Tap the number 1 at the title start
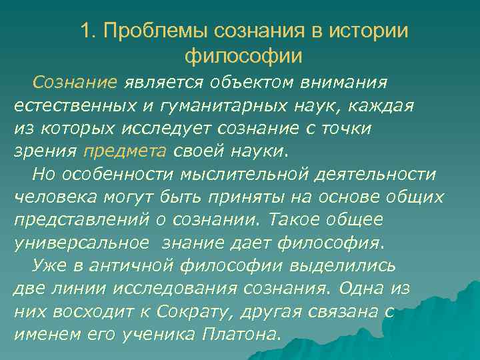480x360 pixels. tap(85, 31)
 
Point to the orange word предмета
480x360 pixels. tap(125, 151)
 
